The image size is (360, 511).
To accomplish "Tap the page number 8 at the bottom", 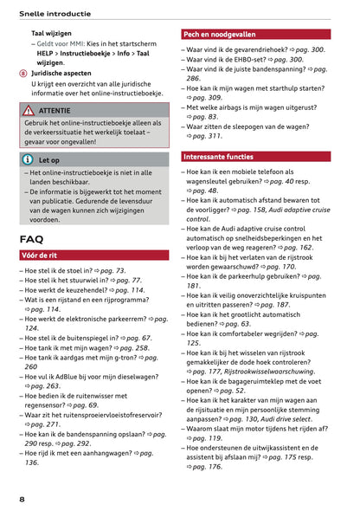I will [22, 499].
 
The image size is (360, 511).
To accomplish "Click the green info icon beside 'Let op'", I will [29, 160].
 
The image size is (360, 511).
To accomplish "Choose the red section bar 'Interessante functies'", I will [219, 157].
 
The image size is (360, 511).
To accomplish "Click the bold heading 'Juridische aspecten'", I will [67, 74].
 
